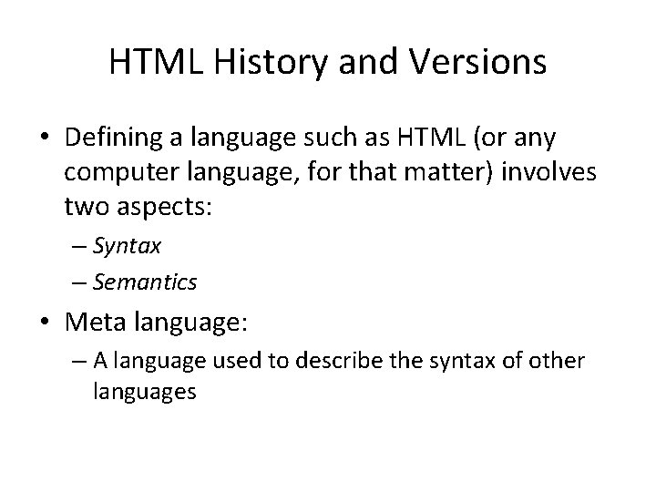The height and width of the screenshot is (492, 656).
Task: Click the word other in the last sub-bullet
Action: click(x=558, y=362)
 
